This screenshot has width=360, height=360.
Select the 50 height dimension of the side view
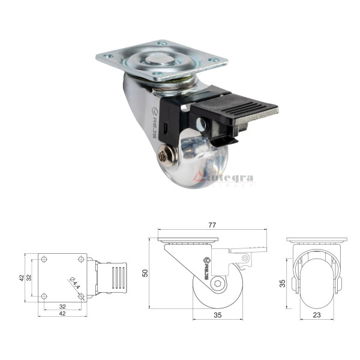pos(145,273)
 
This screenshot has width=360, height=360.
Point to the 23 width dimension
pos(316,313)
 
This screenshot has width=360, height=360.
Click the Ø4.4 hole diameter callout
pos(74,283)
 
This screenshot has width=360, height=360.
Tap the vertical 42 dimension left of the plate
pos(20,278)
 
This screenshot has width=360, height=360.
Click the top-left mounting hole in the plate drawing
pos(44,259)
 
